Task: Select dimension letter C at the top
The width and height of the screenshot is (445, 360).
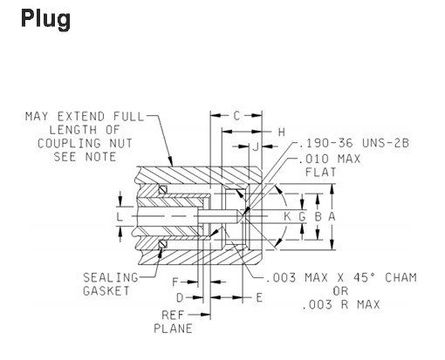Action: click(x=236, y=116)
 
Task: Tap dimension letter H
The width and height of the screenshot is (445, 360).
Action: click(x=281, y=132)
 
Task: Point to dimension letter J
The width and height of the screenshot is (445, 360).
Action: click(x=256, y=146)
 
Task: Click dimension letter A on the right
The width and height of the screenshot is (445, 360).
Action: click(x=332, y=216)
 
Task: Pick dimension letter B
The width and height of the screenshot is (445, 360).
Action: click(x=318, y=216)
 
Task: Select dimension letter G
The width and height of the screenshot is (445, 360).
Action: click(x=303, y=216)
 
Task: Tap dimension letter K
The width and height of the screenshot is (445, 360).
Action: click(x=287, y=216)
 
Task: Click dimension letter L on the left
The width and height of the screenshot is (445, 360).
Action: click(x=120, y=217)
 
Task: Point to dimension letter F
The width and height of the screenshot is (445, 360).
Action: click(x=175, y=282)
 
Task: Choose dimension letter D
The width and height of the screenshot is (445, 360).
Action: click(x=180, y=298)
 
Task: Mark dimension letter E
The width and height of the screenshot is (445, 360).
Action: click(x=259, y=298)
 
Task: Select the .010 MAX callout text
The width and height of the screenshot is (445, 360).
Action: click(x=330, y=159)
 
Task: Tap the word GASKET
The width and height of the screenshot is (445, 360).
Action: click(x=106, y=291)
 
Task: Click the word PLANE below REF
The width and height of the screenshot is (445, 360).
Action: click(x=173, y=329)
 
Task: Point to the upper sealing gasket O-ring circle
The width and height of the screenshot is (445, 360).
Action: click(x=163, y=190)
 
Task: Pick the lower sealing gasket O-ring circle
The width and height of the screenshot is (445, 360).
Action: click(x=163, y=244)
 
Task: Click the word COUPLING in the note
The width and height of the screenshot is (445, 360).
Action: click(x=69, y=144)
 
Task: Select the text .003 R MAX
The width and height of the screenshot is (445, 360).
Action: click(x=340, y=305)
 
